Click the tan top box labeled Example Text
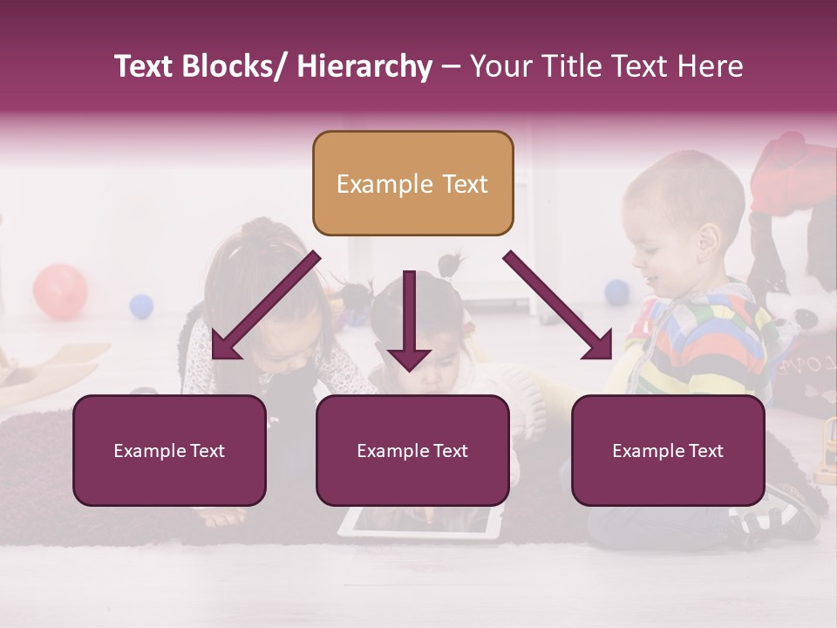point(412,183)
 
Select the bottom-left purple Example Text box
point(169,450)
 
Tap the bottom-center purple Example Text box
point(412,450)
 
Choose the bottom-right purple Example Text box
point(668,450)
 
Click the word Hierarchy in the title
point(364,67)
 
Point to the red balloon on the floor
point(60,291)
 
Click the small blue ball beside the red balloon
point(141,306)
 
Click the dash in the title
point(451,67)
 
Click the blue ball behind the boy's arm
point(617,291)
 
